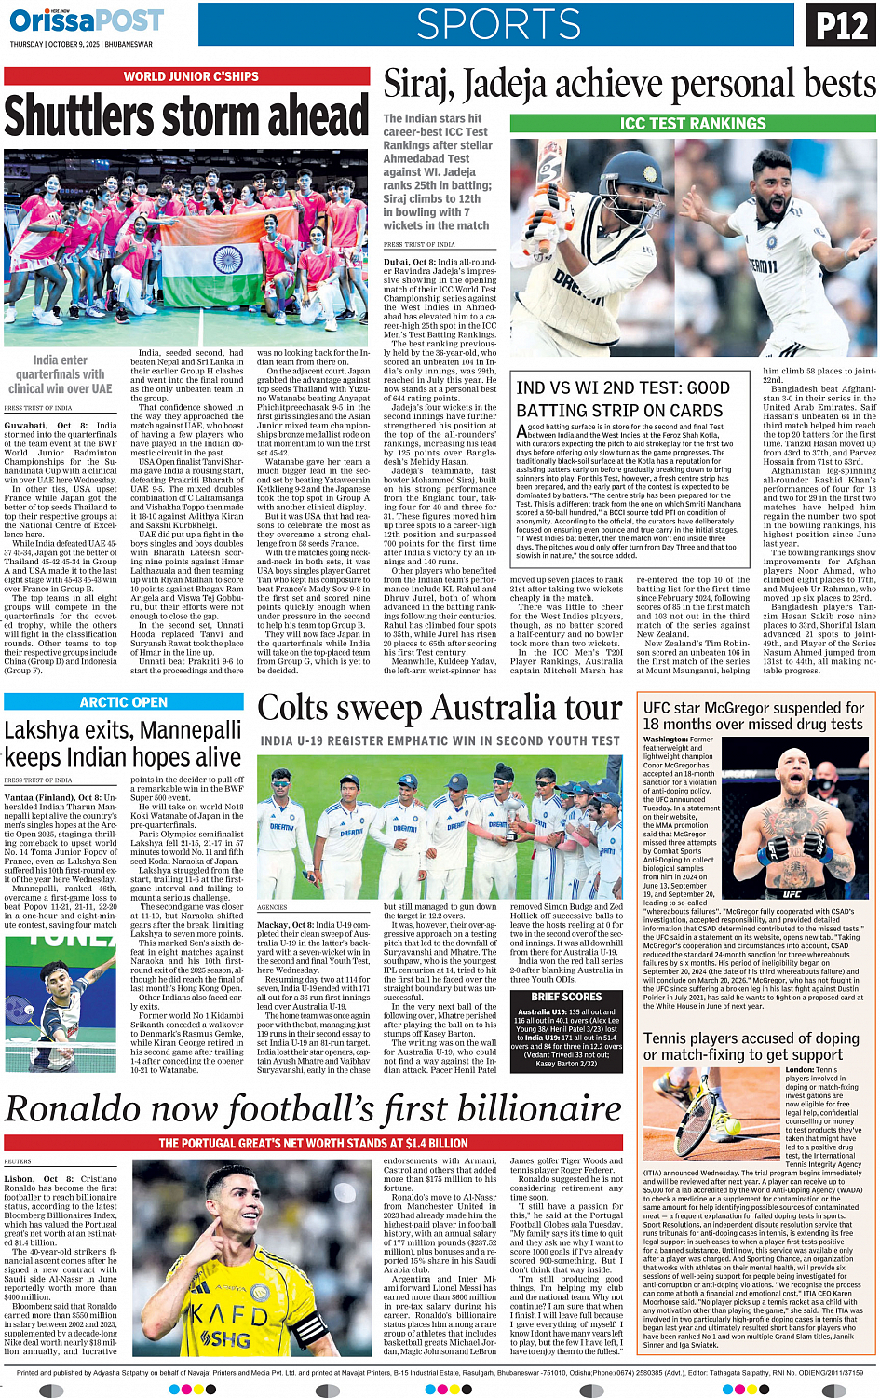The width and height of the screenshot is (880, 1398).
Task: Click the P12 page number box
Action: [x=841, y=25]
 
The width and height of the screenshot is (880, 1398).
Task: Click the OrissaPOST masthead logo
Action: [x=87, y=20]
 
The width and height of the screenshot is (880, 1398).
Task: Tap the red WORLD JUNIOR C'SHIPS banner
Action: [x=191, y=76]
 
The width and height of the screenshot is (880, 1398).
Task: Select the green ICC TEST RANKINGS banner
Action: [x=693, y=123]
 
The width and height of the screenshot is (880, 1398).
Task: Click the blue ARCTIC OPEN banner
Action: [x=124, y=702]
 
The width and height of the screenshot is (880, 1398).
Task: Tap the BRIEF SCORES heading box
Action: [x=566, y=997]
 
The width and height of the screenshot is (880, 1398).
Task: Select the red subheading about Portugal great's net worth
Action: [x=313, y=1143]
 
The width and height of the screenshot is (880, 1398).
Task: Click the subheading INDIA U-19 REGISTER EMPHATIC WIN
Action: [x=440, y=740]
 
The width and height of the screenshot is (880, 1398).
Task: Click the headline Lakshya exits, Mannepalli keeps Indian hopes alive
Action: [x=123, y=743]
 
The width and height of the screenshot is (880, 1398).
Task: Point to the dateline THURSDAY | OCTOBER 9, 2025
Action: [x=81, y=44]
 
